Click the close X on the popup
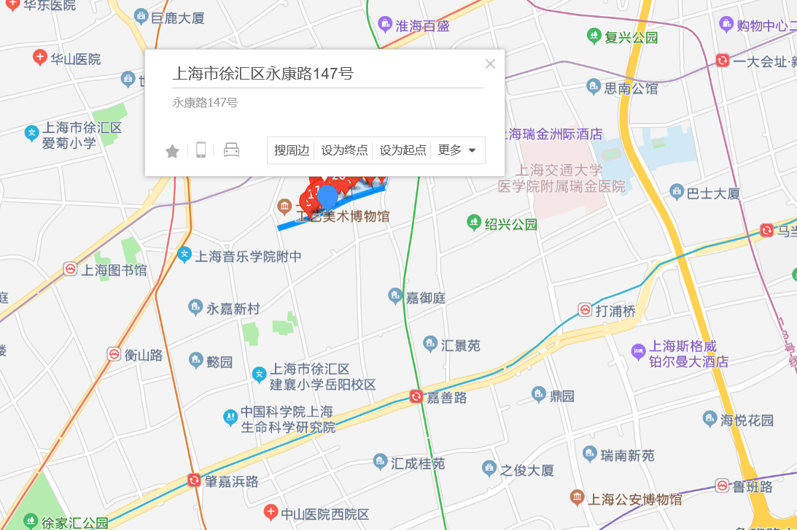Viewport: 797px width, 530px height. click(490, 64)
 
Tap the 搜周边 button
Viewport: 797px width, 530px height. click(292, 150)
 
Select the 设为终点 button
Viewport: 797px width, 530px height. click(344, 150)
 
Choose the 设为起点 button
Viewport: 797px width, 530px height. click(403, 150)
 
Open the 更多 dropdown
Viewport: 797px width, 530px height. click(457, 150)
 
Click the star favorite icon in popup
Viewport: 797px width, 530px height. click(172, 151)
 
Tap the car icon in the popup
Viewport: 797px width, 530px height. click(231, 150)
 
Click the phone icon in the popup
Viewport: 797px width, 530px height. click(201, 150)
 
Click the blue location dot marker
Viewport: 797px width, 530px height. click(328, 196)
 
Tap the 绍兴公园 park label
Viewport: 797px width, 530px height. click(510, 223)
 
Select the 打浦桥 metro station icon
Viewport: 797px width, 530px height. click(585, 310)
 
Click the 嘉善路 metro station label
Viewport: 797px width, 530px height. click(446, 398)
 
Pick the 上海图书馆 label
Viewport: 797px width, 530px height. click(114, 270)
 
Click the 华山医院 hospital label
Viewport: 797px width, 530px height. click(75, 59)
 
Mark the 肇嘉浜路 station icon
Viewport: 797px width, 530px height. click(194, 480)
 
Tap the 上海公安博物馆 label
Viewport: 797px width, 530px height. click(635, 499)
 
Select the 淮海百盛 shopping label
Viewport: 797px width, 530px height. click(422, 26)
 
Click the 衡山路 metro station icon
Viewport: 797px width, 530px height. click(114, 354)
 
